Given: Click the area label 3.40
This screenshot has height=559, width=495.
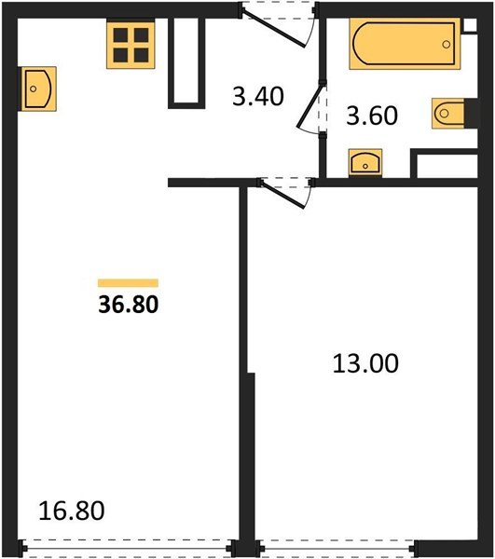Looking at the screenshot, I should [x=258, y=96].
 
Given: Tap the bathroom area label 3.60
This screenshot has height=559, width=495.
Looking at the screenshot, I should [x=372, y=116].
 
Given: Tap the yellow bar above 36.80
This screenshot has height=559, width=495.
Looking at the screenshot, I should [x=129, y=281].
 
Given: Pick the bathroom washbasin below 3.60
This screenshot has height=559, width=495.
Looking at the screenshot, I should [x=364, y=163].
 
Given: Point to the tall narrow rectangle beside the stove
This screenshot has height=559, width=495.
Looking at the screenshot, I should [x=185, y=61].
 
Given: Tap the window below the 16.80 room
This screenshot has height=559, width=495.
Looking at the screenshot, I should [x=129, y=550].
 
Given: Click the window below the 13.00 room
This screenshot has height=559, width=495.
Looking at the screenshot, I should [x=337, y=550].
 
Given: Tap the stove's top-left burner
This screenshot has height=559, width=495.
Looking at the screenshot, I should [x=120, y=35].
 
